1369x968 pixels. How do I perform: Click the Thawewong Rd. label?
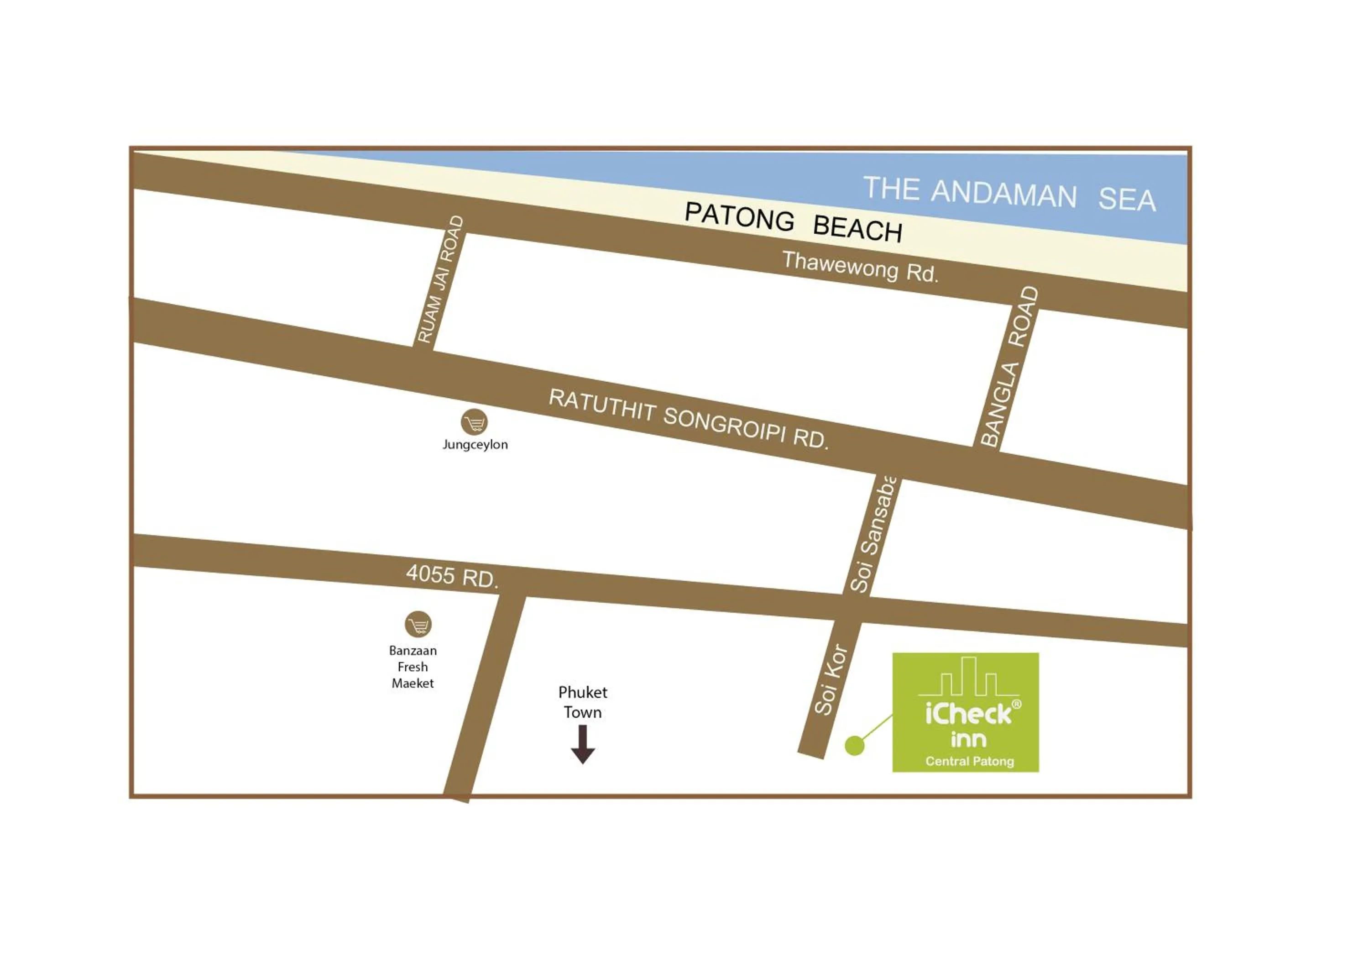click(860, 267)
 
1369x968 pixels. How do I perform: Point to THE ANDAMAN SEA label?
click(1009, 193)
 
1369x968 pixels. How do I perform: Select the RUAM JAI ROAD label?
click(440, 280)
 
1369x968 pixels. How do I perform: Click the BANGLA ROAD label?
click(1009, 367)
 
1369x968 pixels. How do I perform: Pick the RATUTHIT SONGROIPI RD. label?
click(688, 418)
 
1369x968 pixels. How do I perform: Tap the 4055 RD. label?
click(451, 576)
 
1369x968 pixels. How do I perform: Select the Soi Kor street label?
click(831, 679)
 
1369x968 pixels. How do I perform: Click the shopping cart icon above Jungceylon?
click(474, 422)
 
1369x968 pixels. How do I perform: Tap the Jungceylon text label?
click(475, 445)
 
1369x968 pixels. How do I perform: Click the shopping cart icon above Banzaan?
click(418, 625)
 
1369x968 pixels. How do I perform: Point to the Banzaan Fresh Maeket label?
click(413, 667)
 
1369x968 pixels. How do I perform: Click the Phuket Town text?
click(583, 702)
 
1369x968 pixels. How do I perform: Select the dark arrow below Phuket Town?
click(583, 744)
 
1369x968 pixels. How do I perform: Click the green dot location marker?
click(854, 746)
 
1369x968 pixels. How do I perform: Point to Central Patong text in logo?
click(970, 762)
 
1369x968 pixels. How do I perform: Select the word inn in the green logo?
click(968, 740)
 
